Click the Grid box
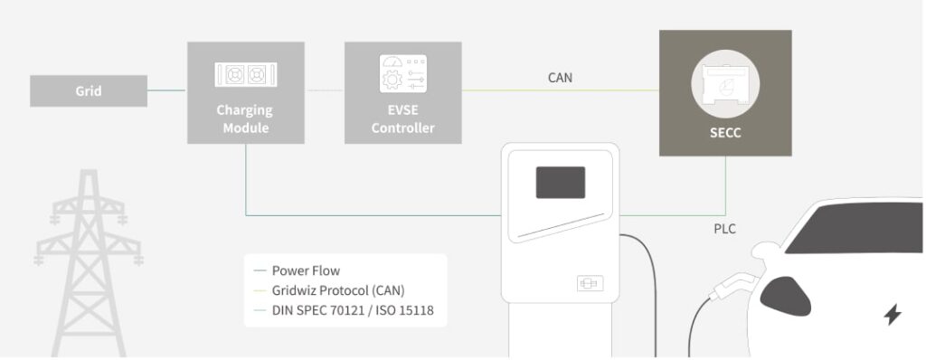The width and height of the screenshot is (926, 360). pyautogui.click(x=88, y=91)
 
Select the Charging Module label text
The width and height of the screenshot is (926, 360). pyautogui.click(x=244, y=119)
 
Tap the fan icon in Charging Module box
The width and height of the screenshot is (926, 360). pyautogui.click(x=244, y=74)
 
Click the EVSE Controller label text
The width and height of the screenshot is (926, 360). pyautogui.click(x=402, y=119)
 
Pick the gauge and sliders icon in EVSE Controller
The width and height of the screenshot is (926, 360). pyautogui.click(x=402, y=74)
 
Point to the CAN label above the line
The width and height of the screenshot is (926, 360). pyautogui.click(x=560, y=78)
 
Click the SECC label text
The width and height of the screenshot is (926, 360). pyautogui.click(x=725, y=133)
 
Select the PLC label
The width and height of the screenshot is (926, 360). pyautogui.click(x=724, y=229)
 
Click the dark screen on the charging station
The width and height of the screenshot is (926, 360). pyautogui.click(x=560, y=182)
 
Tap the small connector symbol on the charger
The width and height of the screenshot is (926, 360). pyautogui.click(x=589, y=283)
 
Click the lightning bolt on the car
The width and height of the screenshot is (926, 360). pyautogui.click(x=892, y=315)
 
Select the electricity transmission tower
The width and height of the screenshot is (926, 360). pyautogui.click(x=89, y=262)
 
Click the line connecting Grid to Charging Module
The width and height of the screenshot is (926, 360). pyautogui.click(x=167, y=90)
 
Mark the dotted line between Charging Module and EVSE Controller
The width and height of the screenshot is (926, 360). pyautogui.click(x=326, y=90)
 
